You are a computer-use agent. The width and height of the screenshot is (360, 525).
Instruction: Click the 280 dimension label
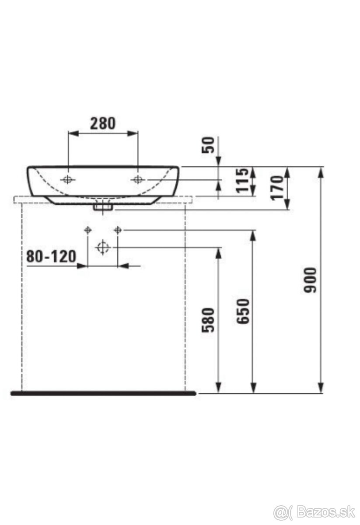click(103, 123)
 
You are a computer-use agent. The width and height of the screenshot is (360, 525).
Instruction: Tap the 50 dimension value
click(208, 145)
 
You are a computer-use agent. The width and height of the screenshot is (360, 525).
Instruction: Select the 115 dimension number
click(241, 180)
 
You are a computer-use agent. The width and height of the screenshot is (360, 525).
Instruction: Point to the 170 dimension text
click(277, 188)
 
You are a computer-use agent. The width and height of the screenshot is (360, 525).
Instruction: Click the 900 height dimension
click(310, 280)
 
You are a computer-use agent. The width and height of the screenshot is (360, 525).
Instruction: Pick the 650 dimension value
click(243, 311)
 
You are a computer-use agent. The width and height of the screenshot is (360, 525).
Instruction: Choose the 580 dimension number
click(208, 320)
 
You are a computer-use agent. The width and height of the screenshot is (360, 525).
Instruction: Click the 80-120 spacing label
click(51, 256)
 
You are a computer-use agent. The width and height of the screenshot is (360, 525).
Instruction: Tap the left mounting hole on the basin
click(68, 179)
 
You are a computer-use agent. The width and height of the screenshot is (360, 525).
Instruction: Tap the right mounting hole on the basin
click(138, 179)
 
